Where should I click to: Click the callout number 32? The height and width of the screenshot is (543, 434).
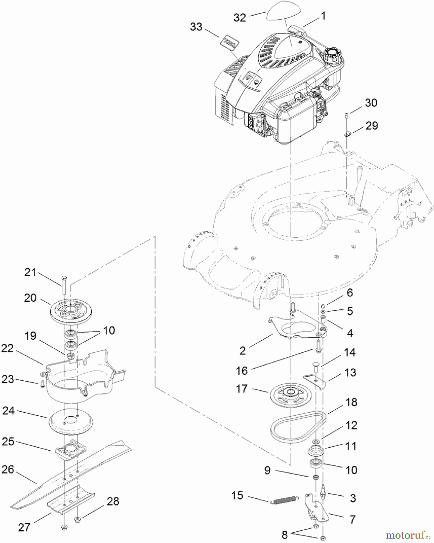(240, 17)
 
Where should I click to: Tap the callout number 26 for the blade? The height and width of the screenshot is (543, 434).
(8, 469)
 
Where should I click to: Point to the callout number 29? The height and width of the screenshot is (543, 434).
(371, 126)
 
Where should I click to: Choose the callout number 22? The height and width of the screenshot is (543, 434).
(8, 348)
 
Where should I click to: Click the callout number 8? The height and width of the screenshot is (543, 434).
(285, 535)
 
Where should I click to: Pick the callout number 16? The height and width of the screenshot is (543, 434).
(242, 371)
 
